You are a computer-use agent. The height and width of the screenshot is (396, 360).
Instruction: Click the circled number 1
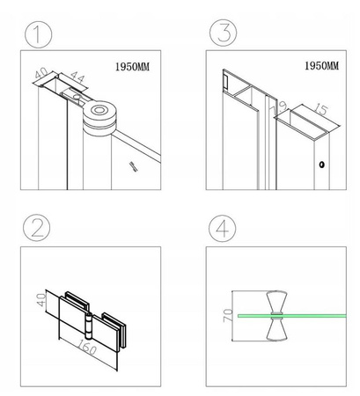(x=38, y=34)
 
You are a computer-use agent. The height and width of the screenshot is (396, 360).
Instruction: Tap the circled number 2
(x=37, y=228)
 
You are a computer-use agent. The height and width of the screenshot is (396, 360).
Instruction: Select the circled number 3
(x=223, y=33)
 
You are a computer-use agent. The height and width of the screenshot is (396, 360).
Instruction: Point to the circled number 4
(x=223, y=228)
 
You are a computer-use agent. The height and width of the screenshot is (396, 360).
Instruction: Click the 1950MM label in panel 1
(x=132, y=67)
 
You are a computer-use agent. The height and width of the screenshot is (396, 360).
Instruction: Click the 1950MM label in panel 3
(x=322, y=66)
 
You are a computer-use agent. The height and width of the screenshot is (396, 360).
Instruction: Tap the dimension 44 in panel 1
(x=77, y=77)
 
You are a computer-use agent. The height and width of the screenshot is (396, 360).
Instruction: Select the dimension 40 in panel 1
(x=41, y=72)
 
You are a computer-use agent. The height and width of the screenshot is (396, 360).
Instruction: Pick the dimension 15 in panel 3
(x=321, y=109)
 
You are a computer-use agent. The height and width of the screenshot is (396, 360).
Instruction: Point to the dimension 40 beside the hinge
(x=41, y=299)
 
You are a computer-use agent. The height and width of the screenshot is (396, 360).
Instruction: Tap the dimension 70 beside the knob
(x=228, y=316)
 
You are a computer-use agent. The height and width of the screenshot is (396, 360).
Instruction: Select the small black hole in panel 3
(x=322, y=165)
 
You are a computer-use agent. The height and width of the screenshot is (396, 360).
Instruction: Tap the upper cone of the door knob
(x=276, y=302)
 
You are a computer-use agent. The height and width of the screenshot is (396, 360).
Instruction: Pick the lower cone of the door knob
(x=276, y=330)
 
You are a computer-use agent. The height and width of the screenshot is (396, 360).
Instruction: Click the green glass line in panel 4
(x=292, y=316)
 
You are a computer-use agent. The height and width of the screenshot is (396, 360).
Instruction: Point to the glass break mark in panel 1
(x=134, y=166)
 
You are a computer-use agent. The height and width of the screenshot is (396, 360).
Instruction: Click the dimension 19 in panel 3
(x=279, y=107)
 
